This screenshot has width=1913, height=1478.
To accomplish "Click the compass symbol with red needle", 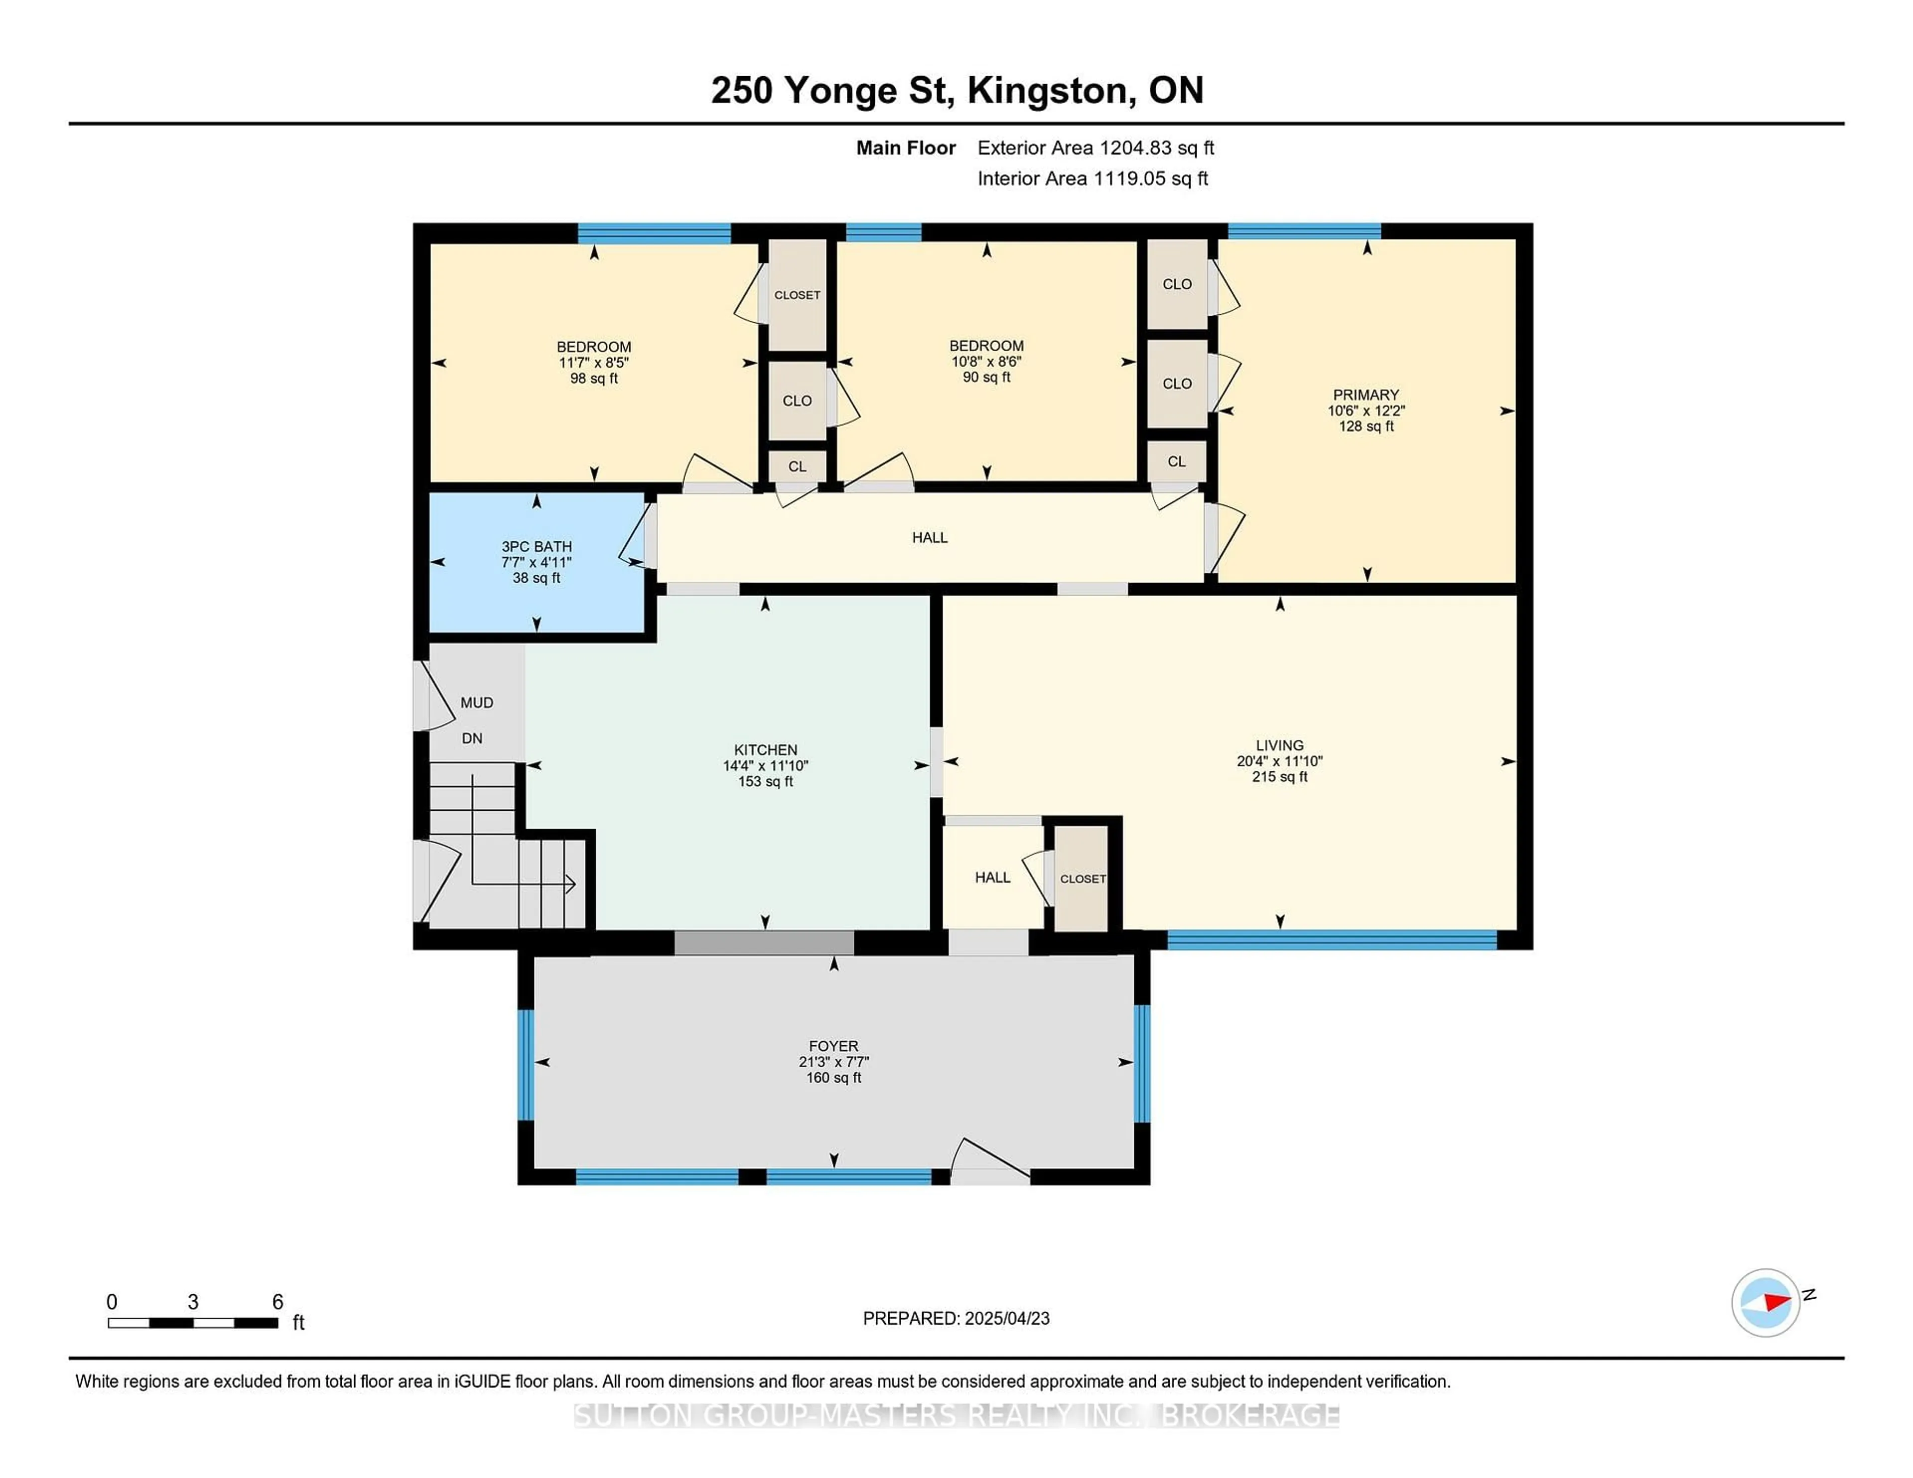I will [x=1765, y=1302].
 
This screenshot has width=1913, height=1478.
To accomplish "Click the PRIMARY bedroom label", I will [x=1366, y=395].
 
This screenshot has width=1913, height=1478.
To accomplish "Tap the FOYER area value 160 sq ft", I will [x=833, y=1078].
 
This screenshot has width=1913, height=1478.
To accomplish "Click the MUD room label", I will [x=476, y=702].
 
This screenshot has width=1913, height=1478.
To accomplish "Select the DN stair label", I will [x=472, y=738].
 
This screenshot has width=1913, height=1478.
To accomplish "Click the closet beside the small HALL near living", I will [x=1082, y=878].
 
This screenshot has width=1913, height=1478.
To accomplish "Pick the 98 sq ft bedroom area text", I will [x=594, y=378].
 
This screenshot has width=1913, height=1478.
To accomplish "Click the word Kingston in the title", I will [x=1047, y=90].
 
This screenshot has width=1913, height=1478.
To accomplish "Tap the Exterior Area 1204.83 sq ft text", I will [x=1095, y=148].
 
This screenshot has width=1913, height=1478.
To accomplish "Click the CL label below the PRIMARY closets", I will [x=1176, y=462].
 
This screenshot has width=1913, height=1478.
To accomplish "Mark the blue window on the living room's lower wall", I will [x=1332, y=940].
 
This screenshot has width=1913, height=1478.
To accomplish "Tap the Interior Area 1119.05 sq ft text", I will [x=1093, y=179].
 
